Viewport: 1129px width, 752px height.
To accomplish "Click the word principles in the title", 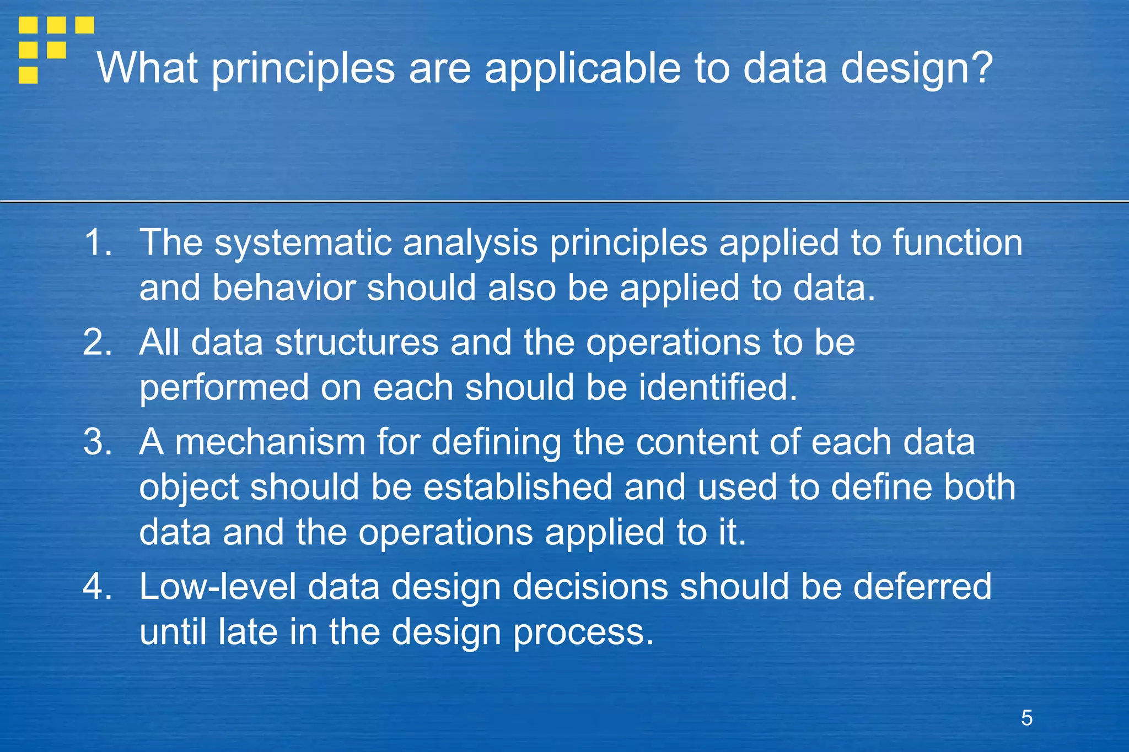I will pos(303,69).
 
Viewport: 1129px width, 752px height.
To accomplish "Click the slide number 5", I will pos(1026,718).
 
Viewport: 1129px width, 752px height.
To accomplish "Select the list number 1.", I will pos(98,242).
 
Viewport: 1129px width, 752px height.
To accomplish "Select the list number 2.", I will pos(98,342).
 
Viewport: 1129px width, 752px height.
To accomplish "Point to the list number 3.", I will pos(98,442).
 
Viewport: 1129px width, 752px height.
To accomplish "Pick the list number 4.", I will pos(98,586).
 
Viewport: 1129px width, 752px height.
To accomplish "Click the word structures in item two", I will pos(357,342).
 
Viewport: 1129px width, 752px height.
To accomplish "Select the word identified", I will pos(718,387).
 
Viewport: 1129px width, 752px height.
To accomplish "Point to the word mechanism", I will pos(270,442).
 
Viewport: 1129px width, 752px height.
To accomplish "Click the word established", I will pos(518,487).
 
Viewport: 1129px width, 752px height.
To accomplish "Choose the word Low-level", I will pos(217,586).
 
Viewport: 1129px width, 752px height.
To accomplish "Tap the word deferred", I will pos(922,586).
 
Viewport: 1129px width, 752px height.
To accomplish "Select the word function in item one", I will pos(958,242).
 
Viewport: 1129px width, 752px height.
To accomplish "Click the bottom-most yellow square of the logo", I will pos(28,75).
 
